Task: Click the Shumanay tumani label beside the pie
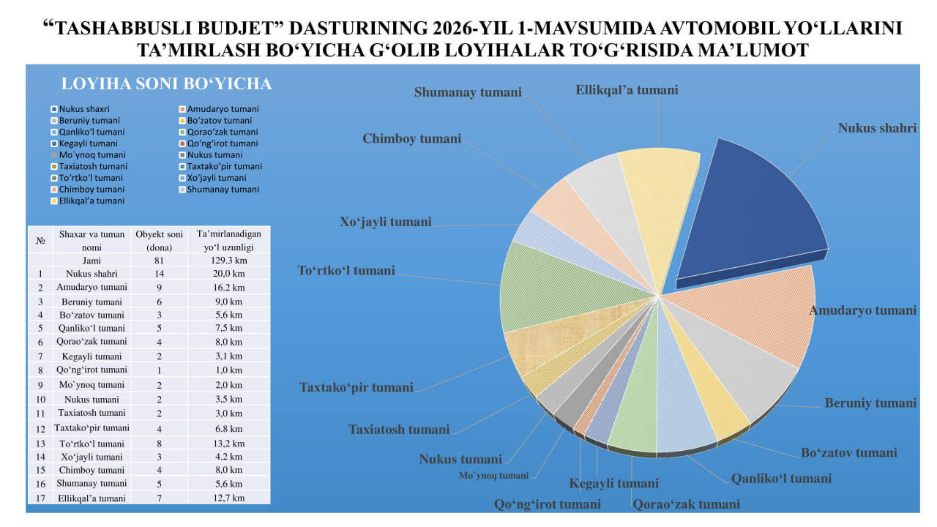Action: coord(468,92)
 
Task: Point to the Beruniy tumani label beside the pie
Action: coord(870,403)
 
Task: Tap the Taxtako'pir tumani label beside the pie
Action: coord(356,387)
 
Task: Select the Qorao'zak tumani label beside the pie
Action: coord(686,504)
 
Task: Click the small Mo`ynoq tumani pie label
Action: coord(493,476)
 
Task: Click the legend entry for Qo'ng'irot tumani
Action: coord(222,143)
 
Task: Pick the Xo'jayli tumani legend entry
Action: coord(217,178)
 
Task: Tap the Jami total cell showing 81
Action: coord(159,260)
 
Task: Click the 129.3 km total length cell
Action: coord(228,260)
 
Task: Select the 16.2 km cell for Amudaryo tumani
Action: coord(228,288)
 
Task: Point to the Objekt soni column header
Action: coord(159,240)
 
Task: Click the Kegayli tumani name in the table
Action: coord(92,356)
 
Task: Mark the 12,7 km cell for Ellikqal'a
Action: coord(228,498)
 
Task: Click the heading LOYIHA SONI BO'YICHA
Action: coord(166,83)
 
